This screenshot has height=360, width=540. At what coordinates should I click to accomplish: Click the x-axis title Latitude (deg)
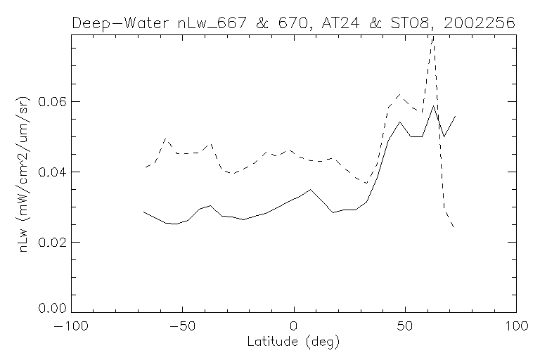coord(294,342)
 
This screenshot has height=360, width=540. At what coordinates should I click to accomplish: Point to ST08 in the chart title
coord(411,23)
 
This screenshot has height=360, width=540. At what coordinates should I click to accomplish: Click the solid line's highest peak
coord(434,105)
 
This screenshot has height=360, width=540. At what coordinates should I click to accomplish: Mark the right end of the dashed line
coord(454,228)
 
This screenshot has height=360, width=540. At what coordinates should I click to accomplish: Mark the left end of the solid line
coord(143,212)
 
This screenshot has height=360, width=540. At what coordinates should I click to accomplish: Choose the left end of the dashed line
coord(144,167)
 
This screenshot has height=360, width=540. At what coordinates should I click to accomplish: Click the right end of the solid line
coord(456,116)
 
